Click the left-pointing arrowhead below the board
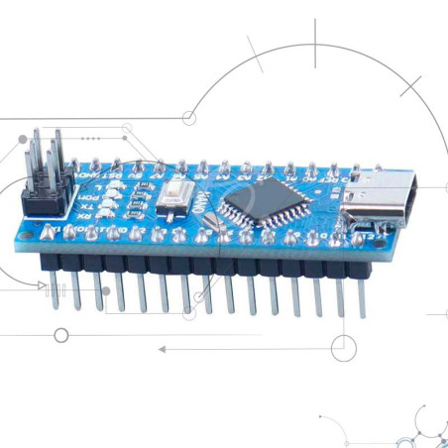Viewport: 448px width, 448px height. (x=163, y=349)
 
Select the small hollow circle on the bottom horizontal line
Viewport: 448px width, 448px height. (x=342, y=347)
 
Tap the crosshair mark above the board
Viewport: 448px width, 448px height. (x=316, y=47)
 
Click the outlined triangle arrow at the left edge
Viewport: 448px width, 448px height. (x=41, y=285)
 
